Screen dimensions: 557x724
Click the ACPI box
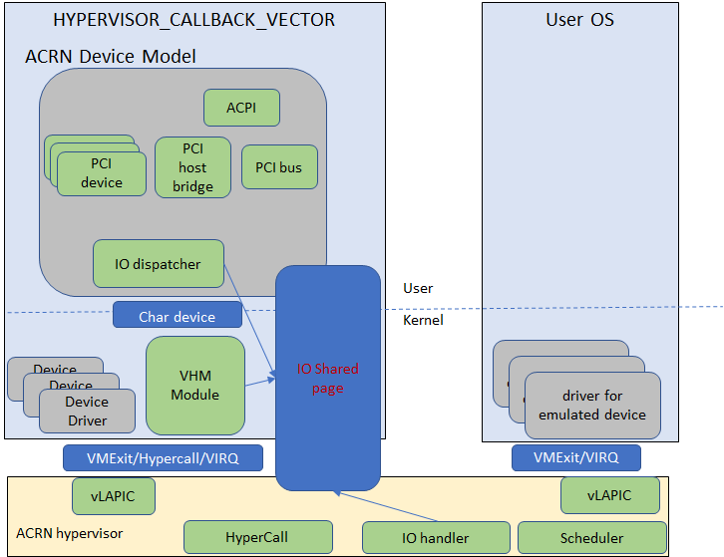pos(241,108)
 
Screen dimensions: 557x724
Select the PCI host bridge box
pos(192,167)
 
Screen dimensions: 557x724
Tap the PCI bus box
pos(279,167)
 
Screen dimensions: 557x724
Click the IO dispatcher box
pos(158,264)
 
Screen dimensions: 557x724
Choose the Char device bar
pos(177,316)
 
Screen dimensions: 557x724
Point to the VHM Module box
pos(195,386)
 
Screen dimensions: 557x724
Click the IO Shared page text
pos(328,378)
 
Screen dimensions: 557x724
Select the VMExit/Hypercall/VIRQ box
pos(163,457)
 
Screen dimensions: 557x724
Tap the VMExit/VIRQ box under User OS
pos(575,457)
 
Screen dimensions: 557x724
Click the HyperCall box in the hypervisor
pos(256,538)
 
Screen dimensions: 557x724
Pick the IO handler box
pos(435,538)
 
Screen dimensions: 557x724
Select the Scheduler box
pos(591,538)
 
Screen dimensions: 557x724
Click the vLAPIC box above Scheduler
pos(609,495)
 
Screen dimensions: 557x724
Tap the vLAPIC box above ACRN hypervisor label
pos(113,495)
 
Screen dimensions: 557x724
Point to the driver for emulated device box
pos(592,406)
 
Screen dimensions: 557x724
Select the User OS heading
pos(579,19)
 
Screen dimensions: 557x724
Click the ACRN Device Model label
pos(110,56)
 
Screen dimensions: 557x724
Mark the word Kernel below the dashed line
pos(423,320)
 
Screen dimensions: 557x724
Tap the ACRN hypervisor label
pos(70,533)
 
